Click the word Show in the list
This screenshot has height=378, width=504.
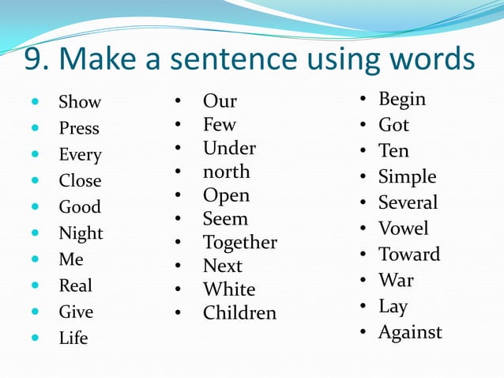pos(80,102)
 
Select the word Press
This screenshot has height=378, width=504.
pos(79,128)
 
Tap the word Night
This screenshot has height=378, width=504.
pos(81,233)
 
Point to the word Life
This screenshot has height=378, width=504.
pos(73,338)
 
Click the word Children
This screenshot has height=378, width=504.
pos(239,313)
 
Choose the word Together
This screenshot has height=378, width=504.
pos(239,243)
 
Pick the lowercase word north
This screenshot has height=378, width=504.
pos(226,172)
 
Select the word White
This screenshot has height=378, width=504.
pos(229,289)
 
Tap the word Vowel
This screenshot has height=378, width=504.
pos(403,229)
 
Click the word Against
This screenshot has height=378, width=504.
pos(410,332)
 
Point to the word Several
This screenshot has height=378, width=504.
pos(408,202)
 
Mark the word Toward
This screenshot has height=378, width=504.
pos(408,255)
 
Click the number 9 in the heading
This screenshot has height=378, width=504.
pos(32,59)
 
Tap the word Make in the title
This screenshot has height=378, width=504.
pos(106,59)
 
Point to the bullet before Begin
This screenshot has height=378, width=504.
pos(361,100)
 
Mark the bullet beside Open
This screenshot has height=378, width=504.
pos(179,195)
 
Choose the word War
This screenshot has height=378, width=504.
pos(396,280)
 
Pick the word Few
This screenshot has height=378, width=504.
pos(219,125)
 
